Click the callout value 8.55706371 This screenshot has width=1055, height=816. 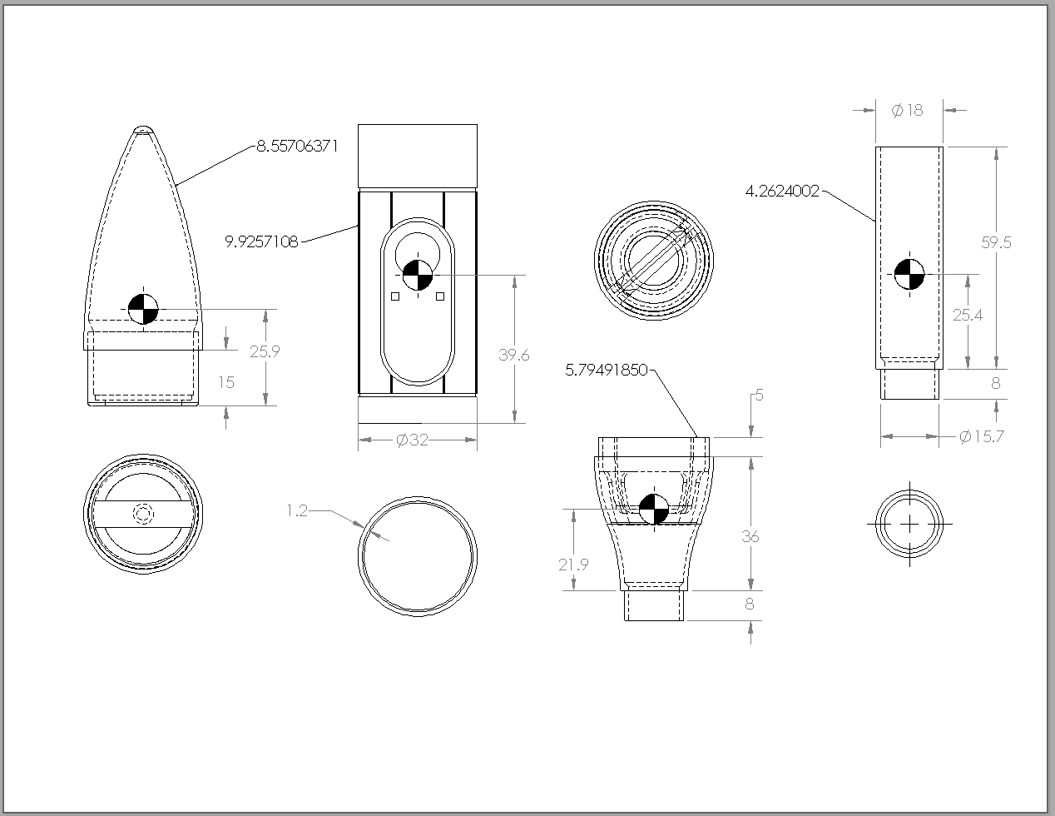(x=297, y=146)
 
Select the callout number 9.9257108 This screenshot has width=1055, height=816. (x=262, y=241)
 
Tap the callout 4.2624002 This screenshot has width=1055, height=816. (x=782, y=191)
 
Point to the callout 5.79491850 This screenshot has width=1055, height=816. (x=607, y=370)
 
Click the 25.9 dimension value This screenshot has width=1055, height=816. (x=265, y=351)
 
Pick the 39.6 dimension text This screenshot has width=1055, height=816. (x=513, y=355)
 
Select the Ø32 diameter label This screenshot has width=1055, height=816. (x=412, y=440)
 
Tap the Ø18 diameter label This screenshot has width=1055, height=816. (x=907, y=110)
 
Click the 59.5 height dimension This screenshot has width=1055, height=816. (x=996, y=241)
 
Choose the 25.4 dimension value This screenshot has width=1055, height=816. (x=968, y=316)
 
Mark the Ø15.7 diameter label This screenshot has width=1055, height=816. (x=981, y=436)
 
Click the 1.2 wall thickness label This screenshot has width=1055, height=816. (x=297, y=510)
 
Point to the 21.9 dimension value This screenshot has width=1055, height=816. (x=573, y=565)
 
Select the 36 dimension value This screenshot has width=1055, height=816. (x=750, y=537)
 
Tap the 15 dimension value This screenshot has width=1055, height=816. (x=226, y=382)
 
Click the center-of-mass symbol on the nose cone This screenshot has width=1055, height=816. (x=143, y=309)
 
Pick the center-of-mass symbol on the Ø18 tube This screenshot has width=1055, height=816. (x=909, y=275)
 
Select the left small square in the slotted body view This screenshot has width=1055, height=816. (x=395, y=296)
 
